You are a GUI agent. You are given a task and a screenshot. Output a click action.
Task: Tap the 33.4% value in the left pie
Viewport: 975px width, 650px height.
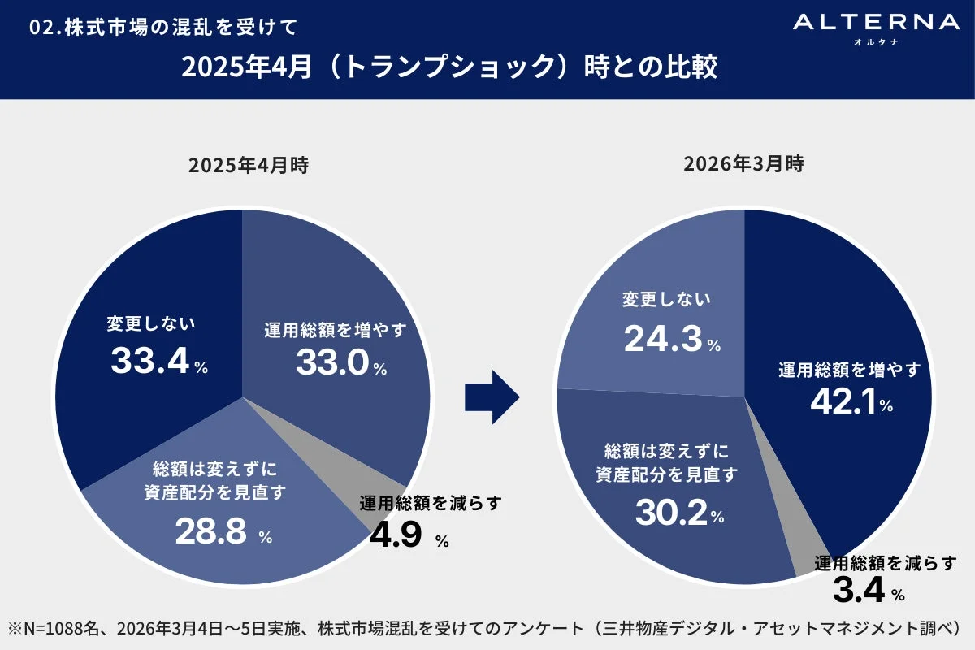click(159, 362)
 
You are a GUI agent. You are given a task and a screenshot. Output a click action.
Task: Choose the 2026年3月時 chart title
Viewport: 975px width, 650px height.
click(743, 166)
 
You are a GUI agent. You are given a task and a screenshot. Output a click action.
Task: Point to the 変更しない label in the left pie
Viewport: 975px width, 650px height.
click(150, 325)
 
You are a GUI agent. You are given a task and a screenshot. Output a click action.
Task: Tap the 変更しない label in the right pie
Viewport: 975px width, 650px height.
click(666, 300)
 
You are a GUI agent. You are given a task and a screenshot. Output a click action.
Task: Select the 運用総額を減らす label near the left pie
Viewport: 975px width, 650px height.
click(430, 504)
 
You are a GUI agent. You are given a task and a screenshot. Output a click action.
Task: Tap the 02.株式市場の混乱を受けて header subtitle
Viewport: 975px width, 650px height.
click(162, 27)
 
